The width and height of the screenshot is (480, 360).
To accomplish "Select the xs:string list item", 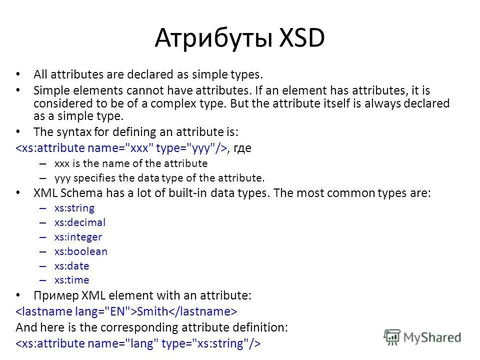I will pos(74,208).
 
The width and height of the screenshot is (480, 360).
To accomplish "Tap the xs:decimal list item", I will pos(80,222).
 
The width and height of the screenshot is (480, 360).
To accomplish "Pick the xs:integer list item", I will pos(78,237).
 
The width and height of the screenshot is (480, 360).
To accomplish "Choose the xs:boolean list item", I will pos(80,251).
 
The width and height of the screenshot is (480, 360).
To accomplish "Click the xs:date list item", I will pos(71,266).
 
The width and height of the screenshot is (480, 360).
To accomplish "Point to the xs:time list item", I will pos(71,280).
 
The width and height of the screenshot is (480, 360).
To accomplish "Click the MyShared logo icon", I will pos(392,336).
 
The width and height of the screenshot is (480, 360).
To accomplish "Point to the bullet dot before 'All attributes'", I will pos(19,74).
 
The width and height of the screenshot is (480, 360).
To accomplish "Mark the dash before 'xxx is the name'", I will pos(42,163).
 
